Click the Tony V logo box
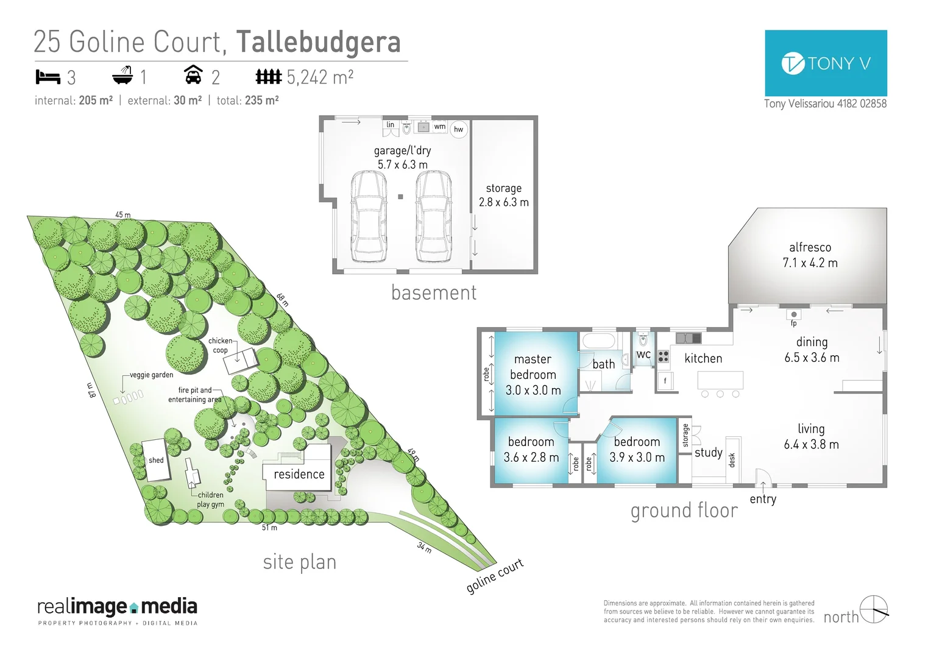(x=825, y=63)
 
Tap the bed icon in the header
(x=48, y=77)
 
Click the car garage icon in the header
(x=193, y=75)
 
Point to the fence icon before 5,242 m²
(x=268, y=77)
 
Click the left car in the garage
(x=369, y=216)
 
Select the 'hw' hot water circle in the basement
(x=459, y=129)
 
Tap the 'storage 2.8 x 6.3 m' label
(x=503, y=195)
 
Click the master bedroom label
(x=533, y=374)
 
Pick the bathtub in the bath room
(x=599, y=340)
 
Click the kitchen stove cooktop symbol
(x=664, y=356)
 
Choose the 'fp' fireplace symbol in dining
(x=793, y=315)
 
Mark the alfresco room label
(x=810, y=255)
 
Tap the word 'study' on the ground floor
(x=708, y=452)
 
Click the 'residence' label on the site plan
(x=299, y=474)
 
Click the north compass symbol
(x=873, y=609)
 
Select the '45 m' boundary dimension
(x=122, y=214)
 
